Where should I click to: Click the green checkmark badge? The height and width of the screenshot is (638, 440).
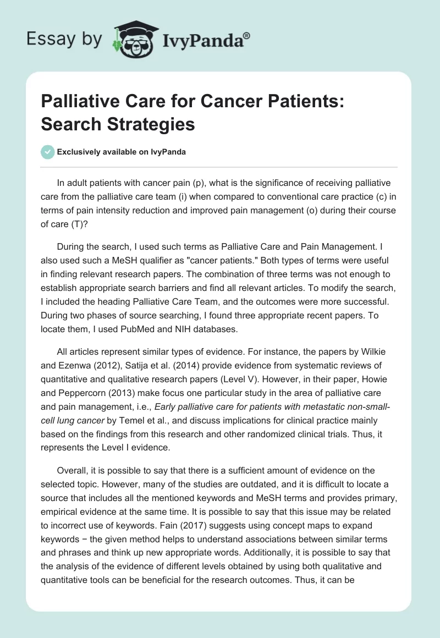coord(47,152)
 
